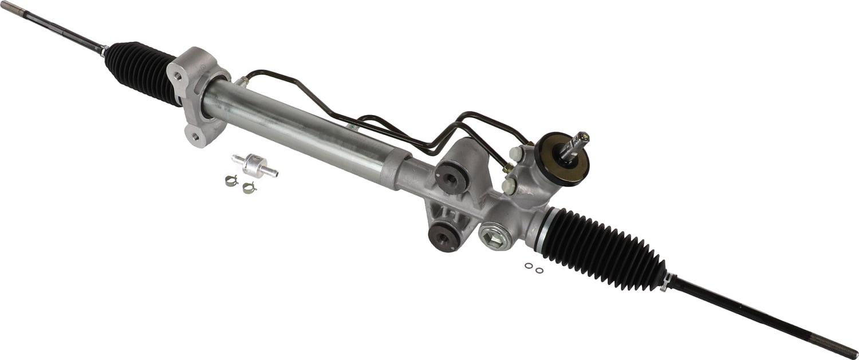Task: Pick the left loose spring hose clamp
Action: [x=231, y=181]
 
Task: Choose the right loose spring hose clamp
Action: [x=249, y=187]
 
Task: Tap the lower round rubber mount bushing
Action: [x=445, y=235]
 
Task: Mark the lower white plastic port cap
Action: [x=507, y=184]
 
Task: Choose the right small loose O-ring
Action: [x=539, y=270]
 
